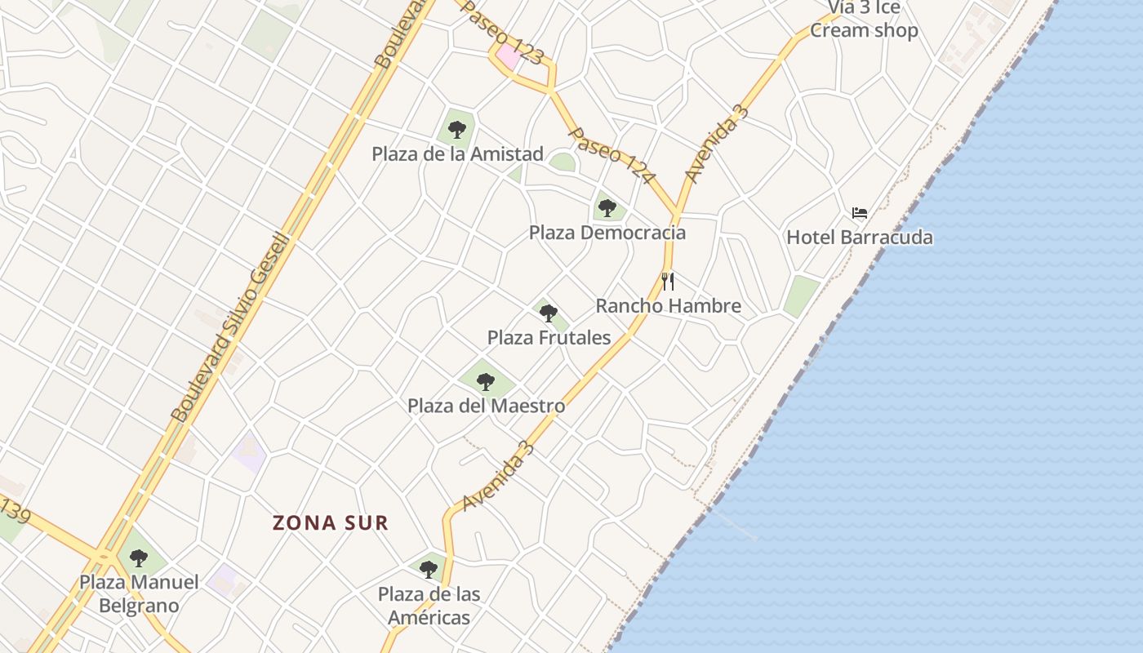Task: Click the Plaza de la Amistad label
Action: (x=457, y=153)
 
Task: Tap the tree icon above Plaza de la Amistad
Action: (x=457, y=129)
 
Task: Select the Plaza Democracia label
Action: (x=607, y=233)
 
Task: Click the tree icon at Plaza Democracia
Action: (x=607, y=208)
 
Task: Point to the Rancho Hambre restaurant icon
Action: (x=668, y=282)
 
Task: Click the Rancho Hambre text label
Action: (x=668, y=306)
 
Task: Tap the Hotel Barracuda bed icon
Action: (x=859, y=213)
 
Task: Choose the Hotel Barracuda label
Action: (x=859, y=238)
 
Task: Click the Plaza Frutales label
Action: (x=549, y=337)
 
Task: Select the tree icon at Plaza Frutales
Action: (x=549, y=313)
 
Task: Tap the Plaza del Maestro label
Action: (x=486, y=406)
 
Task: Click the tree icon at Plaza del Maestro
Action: (x=486, y=381)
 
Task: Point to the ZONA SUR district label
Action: (x=331, y=522)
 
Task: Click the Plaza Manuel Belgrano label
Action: (x=139, y=594)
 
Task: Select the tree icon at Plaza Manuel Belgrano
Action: (x=139, y=558)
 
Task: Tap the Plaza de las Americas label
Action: (x=429, y=606)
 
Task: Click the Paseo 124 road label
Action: (x=612, y=156)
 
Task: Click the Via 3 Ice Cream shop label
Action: (x=864, y=20)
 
